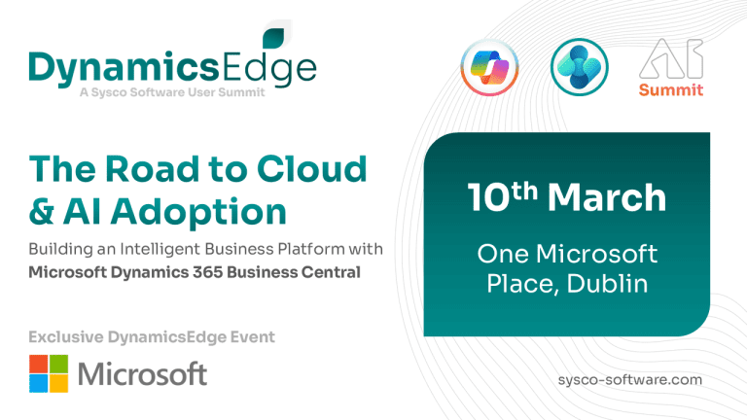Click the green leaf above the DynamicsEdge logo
[273, 38]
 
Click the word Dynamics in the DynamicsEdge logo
[124, 69]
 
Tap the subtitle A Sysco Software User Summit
[172, 92]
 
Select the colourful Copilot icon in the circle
[489, 67]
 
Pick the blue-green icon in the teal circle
[580, 67]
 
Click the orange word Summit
[671, 89]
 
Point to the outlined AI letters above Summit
[671, 58]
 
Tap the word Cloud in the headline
[312, 168]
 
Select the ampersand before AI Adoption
[42, 211]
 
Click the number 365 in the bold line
[207, 272]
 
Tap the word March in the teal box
[607, 197]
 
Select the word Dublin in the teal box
[607, 284]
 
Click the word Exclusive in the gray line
[66, 337]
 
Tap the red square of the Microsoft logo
[39, 364]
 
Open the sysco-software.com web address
[630, 380]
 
